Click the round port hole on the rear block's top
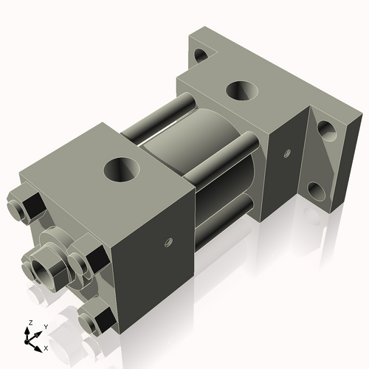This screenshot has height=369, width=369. pyautogui.click(x=241, y=91)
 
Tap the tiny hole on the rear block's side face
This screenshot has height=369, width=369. pyautogui.click(x=285, y=154)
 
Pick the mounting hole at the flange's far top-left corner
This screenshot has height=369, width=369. pyautogui.click(x=200, y=54)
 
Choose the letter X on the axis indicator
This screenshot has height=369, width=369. pyautogui.click(x=46, y=347)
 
